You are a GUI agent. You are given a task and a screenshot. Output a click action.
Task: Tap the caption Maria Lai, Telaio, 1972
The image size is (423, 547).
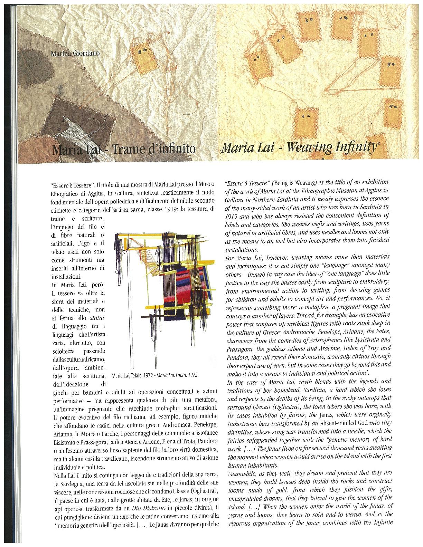tap(134, 376)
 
